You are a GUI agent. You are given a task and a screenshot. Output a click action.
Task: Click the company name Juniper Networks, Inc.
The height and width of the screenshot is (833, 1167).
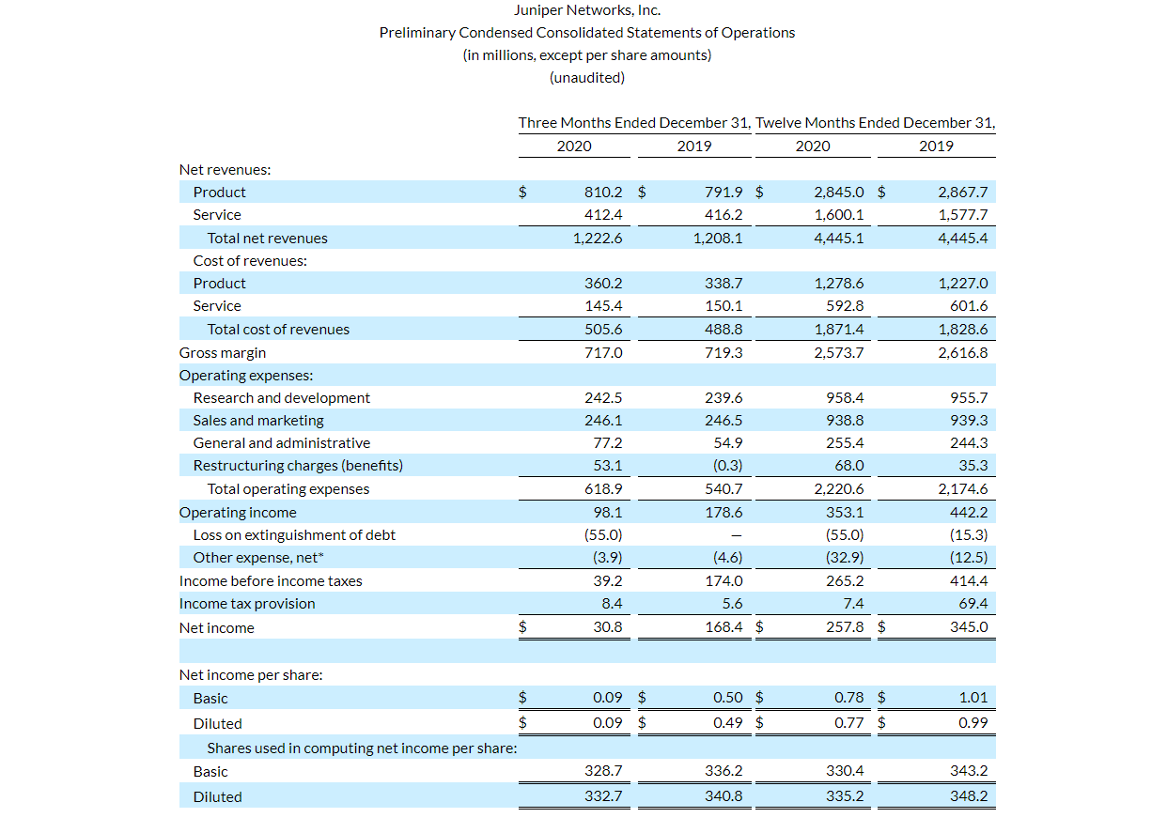coord(586,10)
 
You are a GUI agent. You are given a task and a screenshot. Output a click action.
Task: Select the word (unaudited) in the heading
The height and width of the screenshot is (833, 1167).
coord(586,78)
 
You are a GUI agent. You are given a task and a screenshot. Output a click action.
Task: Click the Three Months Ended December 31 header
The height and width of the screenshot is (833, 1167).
coord(634,123)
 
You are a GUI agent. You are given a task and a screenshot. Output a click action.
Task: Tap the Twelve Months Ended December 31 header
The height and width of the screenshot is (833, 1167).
coord(875,123)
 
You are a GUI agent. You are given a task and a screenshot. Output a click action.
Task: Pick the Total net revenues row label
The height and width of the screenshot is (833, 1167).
coord(267,239)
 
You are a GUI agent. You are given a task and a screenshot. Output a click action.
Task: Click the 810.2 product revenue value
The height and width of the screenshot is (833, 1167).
coord(603,193)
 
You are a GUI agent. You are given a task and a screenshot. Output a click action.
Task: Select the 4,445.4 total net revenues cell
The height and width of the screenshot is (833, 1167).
coord(963,239)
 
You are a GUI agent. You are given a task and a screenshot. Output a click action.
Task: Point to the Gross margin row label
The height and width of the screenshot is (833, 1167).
coord(223,353)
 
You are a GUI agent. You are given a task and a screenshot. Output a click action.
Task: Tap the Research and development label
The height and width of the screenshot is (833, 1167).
coord(281,398)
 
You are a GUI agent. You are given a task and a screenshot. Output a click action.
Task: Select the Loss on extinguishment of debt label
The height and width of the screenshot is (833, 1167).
coord(294,535)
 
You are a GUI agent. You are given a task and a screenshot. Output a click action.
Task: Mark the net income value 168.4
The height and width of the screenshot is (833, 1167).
coord(724,627)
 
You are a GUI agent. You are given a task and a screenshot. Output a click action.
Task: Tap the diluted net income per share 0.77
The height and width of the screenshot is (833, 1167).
coord(849,724)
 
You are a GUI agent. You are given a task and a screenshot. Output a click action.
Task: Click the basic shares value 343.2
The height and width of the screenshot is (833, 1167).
coord(969,771)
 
